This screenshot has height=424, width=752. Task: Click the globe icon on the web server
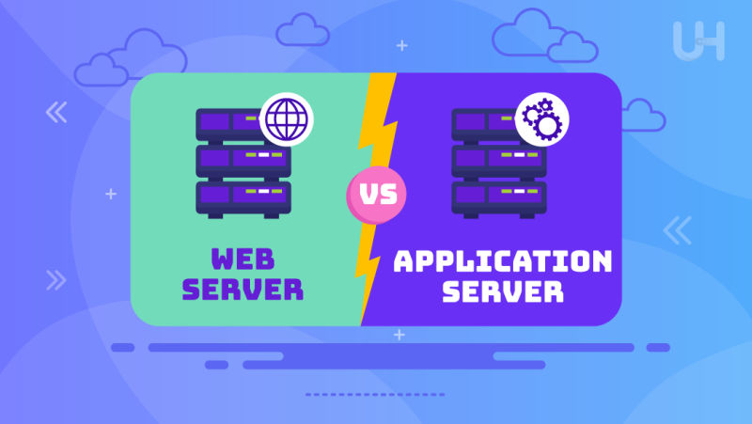tap(287, 119)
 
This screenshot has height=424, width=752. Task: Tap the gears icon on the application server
tap(542, 119)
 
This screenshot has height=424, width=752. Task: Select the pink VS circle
tap(377, 195)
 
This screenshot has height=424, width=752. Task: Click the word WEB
tap(243, 259)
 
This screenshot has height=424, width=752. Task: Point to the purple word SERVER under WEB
tap(243, 290)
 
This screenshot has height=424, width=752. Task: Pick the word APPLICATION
tap(503, 261)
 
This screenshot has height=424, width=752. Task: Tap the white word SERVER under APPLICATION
tap(503, 291)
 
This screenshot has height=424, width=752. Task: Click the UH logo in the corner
tap(698, 40)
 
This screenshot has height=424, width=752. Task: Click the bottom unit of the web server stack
tap(243, 198)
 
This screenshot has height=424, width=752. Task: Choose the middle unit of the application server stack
tap(499, 161)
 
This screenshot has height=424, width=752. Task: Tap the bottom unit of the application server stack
tap(499, 198)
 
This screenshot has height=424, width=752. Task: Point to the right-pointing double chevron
tap(56, 280)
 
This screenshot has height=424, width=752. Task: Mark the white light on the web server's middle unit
tap(264, 155)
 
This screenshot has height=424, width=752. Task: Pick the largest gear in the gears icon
tap(548, 127)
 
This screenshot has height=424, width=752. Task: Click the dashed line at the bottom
tap(375, 395)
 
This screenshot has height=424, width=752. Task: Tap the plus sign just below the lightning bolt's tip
tap(399, 335)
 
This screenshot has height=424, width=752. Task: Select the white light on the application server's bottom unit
tap(520, 192)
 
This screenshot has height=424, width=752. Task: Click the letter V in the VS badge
tap(368, 195)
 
